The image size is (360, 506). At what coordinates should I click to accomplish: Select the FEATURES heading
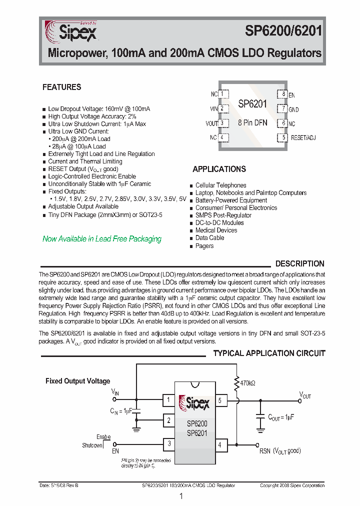61,87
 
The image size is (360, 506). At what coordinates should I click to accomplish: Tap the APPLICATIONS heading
219,169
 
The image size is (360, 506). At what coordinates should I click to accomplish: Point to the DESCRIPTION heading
299,263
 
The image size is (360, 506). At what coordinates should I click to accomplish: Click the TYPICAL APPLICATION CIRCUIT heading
269,353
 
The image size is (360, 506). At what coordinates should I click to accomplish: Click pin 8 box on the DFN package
282,94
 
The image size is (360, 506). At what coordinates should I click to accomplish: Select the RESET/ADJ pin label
303,137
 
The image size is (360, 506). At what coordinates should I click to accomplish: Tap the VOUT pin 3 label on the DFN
212,123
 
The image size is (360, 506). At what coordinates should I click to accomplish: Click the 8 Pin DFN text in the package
252,122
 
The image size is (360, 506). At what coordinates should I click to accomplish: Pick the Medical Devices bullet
216,230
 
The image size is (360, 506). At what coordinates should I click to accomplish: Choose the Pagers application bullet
204,245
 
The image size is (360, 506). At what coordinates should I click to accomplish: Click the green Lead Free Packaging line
102,239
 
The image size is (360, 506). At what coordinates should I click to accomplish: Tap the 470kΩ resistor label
247,383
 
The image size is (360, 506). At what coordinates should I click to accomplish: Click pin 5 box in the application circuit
219,400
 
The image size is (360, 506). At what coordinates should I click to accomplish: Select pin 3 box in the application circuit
169,443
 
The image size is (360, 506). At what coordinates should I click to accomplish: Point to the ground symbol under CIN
136,428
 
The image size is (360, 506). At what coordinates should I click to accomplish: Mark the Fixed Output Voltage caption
77,381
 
